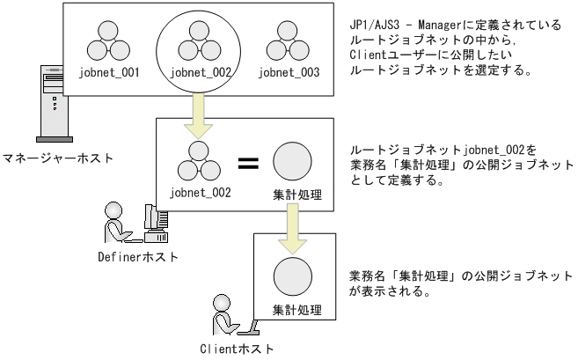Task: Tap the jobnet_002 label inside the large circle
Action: [x=199, y=74]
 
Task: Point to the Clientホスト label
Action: [x=238, y=348]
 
